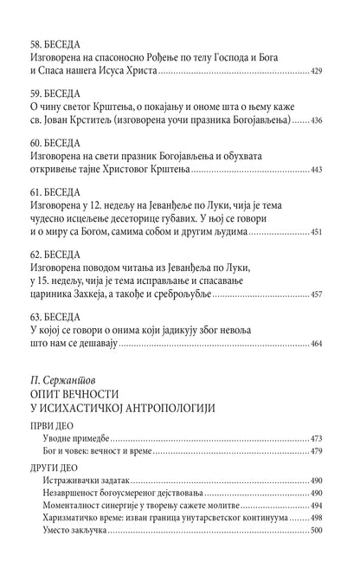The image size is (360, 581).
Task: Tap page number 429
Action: [321, 70]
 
